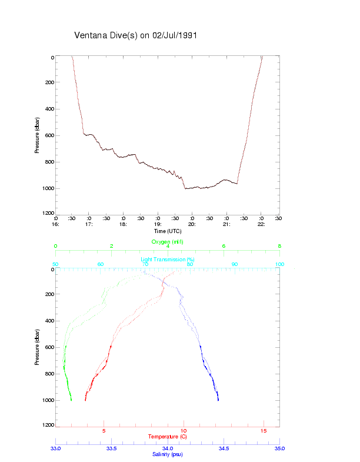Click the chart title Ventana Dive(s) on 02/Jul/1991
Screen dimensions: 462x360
[135, 35]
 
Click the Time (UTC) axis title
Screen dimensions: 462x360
[168, 231]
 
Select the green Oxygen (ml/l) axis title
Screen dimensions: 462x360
[168, 241]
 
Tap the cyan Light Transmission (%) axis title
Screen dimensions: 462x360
[168, 259]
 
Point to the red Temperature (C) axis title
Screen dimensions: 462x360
[168, 436]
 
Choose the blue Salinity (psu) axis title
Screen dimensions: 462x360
[168, 454]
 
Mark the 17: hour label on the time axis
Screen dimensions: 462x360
[89, 224]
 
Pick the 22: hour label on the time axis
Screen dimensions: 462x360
[261, 224]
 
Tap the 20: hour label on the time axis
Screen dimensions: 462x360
[192, 224]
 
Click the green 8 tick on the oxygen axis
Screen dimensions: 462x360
[279, 246]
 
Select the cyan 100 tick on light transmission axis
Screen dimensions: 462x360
[279, 264]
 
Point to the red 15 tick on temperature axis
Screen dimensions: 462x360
[264, 431]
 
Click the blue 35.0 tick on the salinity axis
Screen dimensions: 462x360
[279, 448]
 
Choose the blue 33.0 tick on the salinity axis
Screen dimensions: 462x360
[55, 448]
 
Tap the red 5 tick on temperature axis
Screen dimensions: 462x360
[104, 431]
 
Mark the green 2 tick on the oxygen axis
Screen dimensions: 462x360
[112, 246]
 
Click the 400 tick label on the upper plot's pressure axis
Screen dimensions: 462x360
[49, 109]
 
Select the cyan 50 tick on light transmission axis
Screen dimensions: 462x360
[55, 264]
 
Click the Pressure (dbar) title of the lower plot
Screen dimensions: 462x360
[37, 347]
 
